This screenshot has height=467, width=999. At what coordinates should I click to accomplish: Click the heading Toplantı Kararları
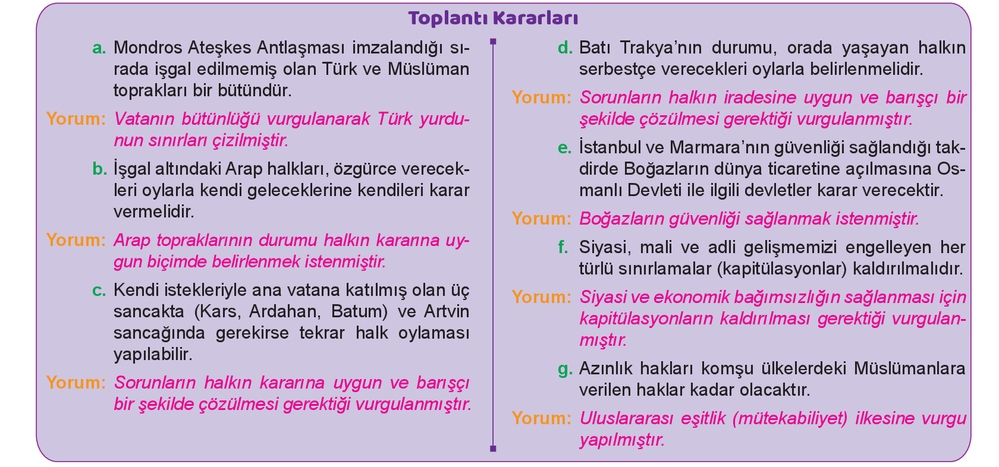click(x=493, y=18)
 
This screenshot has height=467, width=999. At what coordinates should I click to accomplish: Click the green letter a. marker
click(x=99, y=48)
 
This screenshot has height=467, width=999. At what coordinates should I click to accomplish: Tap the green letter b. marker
click(x=99, y=169)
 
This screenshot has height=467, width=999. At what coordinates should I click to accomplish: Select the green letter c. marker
click(x=99, y=291)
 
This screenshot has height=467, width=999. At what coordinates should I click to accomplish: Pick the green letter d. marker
click(x=565, y=48)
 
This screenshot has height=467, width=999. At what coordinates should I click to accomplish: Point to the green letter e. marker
click(x=565, y=148)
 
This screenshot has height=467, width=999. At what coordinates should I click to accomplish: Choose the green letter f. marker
click(x=563, y=247)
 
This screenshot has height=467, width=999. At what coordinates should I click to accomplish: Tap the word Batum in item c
click(x=359, y=311)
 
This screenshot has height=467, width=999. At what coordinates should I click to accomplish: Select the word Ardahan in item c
click(x=285, y=311)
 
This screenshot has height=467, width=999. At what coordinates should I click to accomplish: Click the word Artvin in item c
click(x=447, y=311)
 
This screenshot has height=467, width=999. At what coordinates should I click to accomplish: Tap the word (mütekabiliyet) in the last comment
click(x=790, y=418)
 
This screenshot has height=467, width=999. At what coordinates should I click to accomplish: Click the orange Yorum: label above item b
click(x=76, y=119)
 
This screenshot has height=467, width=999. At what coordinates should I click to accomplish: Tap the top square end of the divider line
click(x=493, y=42)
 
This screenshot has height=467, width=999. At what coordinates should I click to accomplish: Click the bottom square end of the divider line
click(x=493, y=448)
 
